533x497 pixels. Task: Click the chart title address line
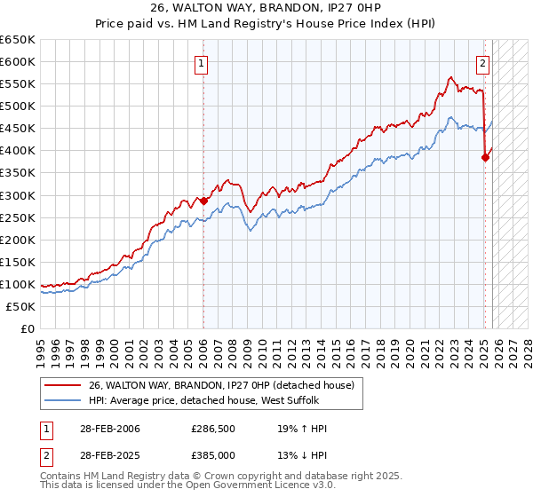(266, 8)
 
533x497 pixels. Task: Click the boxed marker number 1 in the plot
(203, 63)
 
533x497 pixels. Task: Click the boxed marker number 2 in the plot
(483, 63)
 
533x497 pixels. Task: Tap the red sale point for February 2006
(203, 201)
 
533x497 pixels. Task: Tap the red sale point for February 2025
(485, 157)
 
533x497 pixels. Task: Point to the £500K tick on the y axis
(18, 106)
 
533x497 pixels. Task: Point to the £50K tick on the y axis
(20, 306)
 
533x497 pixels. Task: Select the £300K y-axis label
(18, 195)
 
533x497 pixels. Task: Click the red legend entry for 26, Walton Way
(221, 385)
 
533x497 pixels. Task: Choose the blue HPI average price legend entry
(210, 401)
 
